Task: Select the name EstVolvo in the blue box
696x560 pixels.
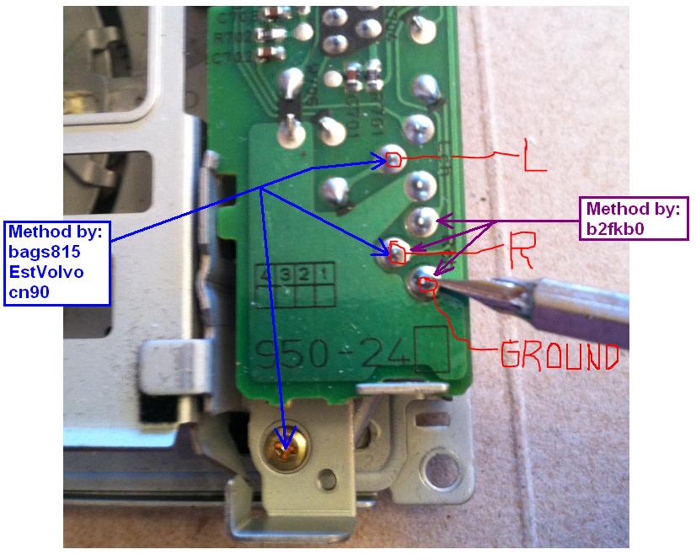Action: [46, 271]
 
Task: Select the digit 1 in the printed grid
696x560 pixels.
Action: [321, 274]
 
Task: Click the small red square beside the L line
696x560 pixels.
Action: [393, 158]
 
